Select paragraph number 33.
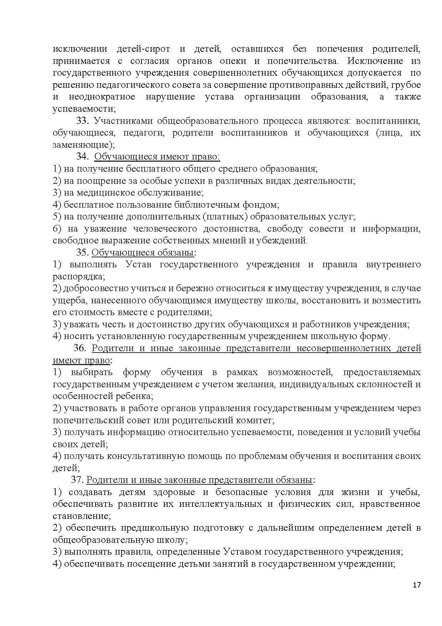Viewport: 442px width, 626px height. coord(82,121)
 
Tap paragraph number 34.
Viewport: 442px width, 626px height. coord(82,156)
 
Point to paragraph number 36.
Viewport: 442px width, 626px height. coord(80,348)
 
